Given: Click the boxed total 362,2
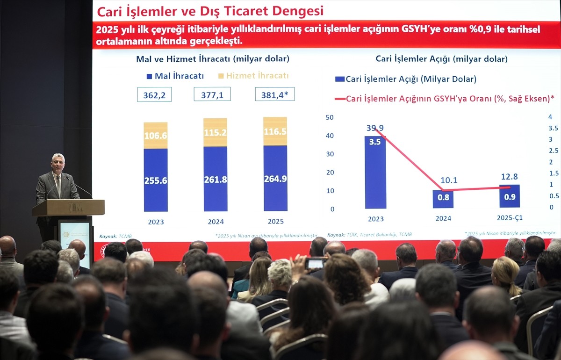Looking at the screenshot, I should click(x=154, y=94).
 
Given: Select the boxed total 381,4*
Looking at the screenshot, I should click(x=275, y=94).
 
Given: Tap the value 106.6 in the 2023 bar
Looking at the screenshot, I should click(x=156, y=136).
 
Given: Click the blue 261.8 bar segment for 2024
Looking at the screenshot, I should click(x=216, y=179).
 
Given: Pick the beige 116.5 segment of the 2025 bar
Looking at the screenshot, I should click(x=275, y=131).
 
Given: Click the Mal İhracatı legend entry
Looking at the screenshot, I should click(x=175, y=76).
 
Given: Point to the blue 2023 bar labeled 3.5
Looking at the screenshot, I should click(x=375, y=173).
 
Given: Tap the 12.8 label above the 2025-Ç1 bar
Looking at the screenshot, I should click(x=509, y=177).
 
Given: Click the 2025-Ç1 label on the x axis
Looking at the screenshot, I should click(x=510, y=218).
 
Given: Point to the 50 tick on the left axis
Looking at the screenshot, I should click(x=330, y=117).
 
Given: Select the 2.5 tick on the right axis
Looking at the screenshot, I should click(x=553, y=151).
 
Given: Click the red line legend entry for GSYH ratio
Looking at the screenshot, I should click(x=444, y=99).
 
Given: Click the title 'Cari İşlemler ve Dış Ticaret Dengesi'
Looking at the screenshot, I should click(x=210, y=11).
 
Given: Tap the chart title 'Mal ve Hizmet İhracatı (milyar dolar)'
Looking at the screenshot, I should click(x=213, y=59).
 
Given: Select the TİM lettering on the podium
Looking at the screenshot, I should click(x=75, y=207).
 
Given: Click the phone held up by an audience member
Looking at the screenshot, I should click(x=316, y=264).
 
